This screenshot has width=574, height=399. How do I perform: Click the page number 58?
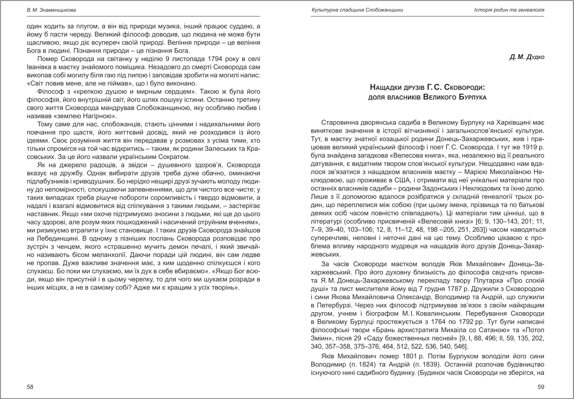click(x=30, y=387)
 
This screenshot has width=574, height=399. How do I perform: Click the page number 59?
click(x=541, y=387)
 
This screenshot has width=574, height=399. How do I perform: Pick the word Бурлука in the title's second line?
click(x=471, y=97)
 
